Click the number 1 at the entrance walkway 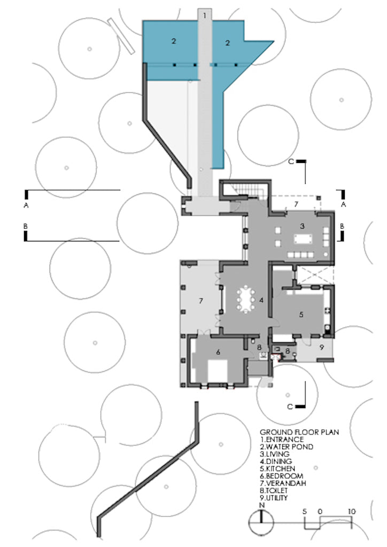pos(205,15)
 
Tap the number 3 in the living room pos(302,226)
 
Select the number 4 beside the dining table pos(261,300)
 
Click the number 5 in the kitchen pos(301,314)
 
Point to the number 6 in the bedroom pos(218,352)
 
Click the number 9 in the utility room pos(322,347)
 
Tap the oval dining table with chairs pos(246,299)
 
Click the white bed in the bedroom pos(218,371)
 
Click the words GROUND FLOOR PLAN pos(299,432)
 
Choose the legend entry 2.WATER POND pos(287,447)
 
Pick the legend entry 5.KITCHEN pos(278,469)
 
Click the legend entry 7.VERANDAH pos(283,483)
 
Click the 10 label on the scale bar pos(351,511)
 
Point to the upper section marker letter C pos(291,161)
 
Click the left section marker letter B pos(26,226)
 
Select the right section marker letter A pos(343,205)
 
